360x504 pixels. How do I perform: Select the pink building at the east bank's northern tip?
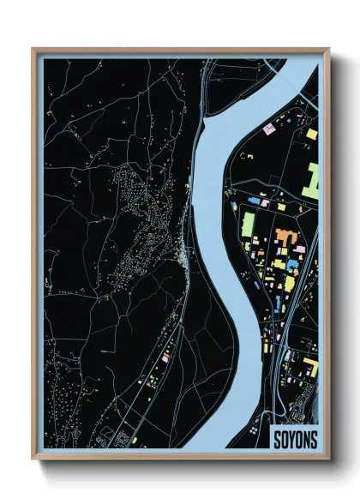point(268,129)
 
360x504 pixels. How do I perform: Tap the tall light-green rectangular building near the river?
point(248,225)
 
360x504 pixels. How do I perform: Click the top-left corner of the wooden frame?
point(33,49)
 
